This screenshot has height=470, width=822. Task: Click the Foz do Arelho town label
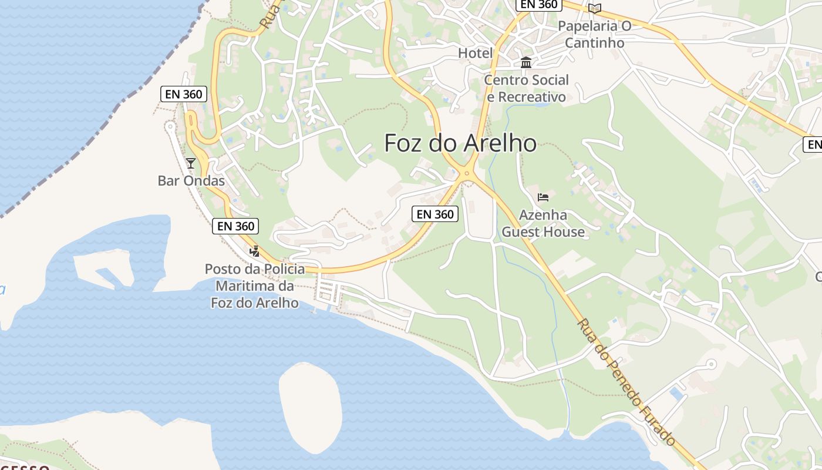(x=460, y=143)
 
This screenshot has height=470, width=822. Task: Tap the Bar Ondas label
(x=191, y=180)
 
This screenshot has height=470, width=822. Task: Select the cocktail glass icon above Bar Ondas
(x=191, y=163)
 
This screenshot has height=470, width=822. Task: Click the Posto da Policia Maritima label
(x=255, y=286)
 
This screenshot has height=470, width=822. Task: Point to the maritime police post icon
(x=254, y=251)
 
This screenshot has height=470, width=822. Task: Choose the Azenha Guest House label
(x=543, y=223)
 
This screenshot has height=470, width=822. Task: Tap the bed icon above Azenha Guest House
(x=543, y=197)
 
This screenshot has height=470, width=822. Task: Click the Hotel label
(x=475, y=53)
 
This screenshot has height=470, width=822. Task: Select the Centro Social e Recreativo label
(x=527, y=88)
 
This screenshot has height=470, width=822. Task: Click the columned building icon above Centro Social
(x=526, y=62)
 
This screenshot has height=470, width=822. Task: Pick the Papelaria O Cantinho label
(x=594, y=34)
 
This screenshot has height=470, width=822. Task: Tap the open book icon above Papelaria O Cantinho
(x=595, y=8)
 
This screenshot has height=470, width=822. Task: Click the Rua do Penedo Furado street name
(x=626, y=382)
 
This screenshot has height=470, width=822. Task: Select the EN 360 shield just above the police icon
(x=235, y=226)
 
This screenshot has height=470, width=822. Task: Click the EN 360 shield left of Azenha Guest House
(x=435, y=214)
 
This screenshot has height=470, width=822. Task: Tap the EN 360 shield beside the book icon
(x=538, y=5)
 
